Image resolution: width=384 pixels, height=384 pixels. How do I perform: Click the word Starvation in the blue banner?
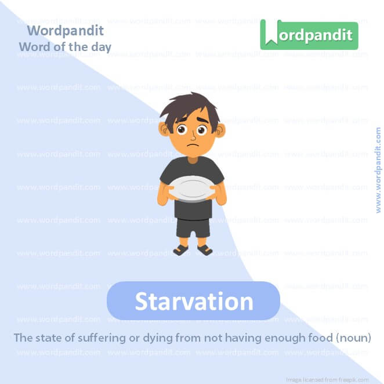coord(194,302)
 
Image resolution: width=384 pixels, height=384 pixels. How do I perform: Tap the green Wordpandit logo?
coord(309,35)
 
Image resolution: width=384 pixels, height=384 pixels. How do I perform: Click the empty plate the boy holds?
coord(192,189)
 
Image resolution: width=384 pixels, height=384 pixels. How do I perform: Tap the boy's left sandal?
coord(205,250)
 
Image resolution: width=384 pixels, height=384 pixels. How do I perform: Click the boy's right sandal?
coord(180,250)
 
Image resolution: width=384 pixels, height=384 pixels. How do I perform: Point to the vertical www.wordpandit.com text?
coord(378,170)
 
